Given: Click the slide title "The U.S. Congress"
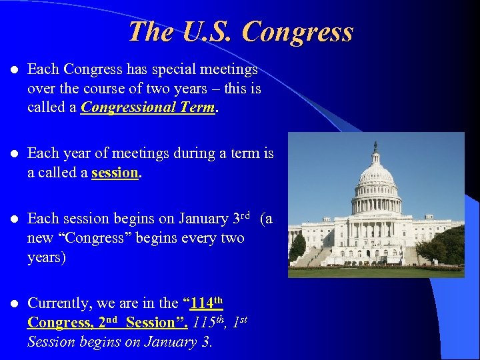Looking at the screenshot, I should pos(241,31).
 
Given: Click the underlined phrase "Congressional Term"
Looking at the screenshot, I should pos(148,107).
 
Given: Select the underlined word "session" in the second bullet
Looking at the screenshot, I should pos(115,172).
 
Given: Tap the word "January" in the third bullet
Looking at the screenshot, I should pos(198,219).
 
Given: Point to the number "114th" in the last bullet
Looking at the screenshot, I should pos(205,303).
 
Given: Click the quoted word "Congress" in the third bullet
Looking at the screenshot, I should pos(92,238).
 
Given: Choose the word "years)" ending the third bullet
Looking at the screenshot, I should pos(47,257).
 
